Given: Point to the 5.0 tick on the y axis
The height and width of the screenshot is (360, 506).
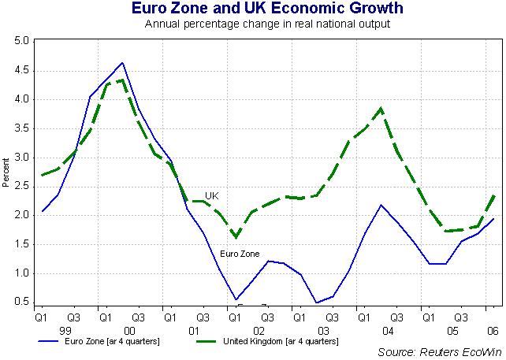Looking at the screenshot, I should click(22, 41).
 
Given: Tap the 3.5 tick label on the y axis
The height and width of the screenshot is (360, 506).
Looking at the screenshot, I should click(22, 128).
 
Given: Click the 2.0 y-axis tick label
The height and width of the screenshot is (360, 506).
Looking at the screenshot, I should click(22, 215).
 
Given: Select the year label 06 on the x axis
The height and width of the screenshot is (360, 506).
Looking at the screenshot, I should click(492, 332).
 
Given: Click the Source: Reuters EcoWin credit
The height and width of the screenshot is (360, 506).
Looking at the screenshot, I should click(440, 351).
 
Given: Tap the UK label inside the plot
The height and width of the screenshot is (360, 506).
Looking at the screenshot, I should click(211, 195).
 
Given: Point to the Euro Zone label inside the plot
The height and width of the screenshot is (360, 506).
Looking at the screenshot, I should click(239, 254).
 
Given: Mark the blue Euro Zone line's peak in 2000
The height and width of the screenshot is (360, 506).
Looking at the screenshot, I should click(122, 63).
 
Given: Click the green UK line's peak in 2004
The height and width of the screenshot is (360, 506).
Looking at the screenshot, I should click(381, 108).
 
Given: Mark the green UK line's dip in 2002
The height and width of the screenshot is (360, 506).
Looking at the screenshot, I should click(236, 236).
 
